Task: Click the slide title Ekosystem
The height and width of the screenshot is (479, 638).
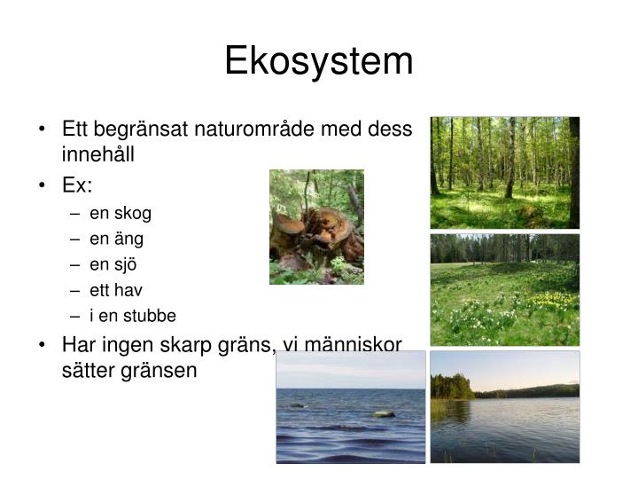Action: click(x=318, y=61)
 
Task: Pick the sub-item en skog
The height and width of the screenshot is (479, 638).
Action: click(x=121, y=213)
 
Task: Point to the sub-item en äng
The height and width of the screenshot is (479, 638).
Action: click(x=116, y=239)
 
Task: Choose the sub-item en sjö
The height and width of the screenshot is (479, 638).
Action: click(x=113, y=264)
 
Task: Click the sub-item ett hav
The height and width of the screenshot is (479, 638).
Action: click(x=116, y=290)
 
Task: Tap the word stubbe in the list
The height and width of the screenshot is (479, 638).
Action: click(x=152, y=316)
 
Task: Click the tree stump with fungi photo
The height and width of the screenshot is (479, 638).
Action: click(x=316, y=227)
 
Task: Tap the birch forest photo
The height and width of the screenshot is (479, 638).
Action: click(x=504, y=172)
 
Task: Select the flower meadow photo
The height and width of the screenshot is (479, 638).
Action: click(x=504, y=290)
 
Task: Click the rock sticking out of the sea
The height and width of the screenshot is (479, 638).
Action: click(x=383, y=413)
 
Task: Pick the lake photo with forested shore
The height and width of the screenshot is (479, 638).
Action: click(x=504, y=406)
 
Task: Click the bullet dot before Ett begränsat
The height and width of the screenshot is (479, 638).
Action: click(x=43, y=130)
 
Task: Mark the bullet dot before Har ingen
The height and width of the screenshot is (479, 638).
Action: click(x=43, y=345)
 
